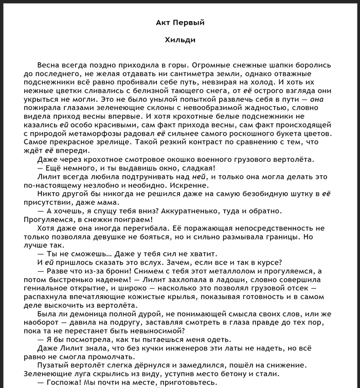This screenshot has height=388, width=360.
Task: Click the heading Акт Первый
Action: point(180,23)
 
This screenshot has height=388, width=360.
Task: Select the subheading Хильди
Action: point(180,40)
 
